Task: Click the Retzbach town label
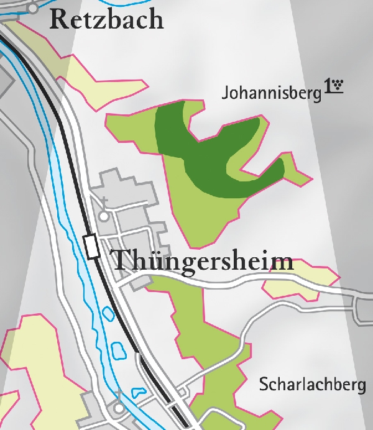click(x=106, y=19)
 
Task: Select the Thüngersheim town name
click(x=202, y=260)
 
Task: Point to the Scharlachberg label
click(x=312, y=385)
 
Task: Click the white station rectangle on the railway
click(x=93, y=247)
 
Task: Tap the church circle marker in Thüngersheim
click(x=104, y=216)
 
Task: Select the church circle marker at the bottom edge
click(x=119, y=408)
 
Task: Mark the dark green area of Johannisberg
click(x=186, y=149)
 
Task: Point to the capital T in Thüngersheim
click(x=120, y=260)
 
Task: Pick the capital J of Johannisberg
click(x=225, y=94)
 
